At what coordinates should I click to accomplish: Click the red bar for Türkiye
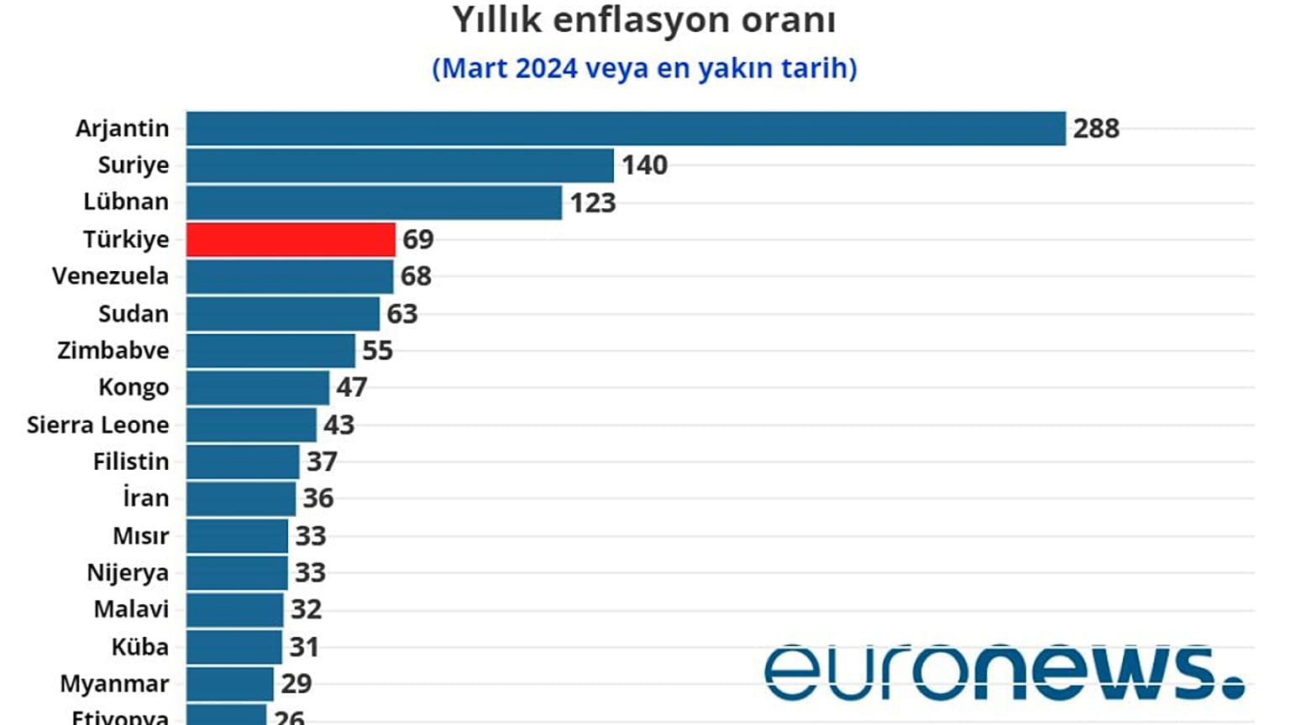coord(291,239)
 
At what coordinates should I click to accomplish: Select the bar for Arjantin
coord(626,128)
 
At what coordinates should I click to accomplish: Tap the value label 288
coord(1096,128)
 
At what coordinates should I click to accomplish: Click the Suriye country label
coord(133,165)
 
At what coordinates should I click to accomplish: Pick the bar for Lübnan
coord(374,202)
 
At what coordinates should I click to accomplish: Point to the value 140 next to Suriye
coord(644,165)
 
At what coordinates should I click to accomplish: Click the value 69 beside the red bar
coord(417,239)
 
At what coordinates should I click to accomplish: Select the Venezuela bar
coord(290,276)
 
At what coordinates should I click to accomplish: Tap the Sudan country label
coord(133,314)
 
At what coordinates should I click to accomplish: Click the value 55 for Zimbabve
coord(377,351)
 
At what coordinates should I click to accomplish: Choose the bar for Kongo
coord(258,388)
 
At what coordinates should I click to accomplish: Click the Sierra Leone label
coord(97,425)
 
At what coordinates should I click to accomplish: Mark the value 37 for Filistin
coord(322,462)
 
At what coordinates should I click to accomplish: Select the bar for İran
coord(241,498)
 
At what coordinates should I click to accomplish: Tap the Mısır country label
coord(140,535)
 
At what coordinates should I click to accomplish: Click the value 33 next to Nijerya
coord(310,572)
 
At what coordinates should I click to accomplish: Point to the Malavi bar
coord(235,609)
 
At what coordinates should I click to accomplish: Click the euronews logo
coord(1004,671)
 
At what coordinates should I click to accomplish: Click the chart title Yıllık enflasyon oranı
coord(644,20)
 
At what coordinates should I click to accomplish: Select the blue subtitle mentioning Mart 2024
coord(644,68)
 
